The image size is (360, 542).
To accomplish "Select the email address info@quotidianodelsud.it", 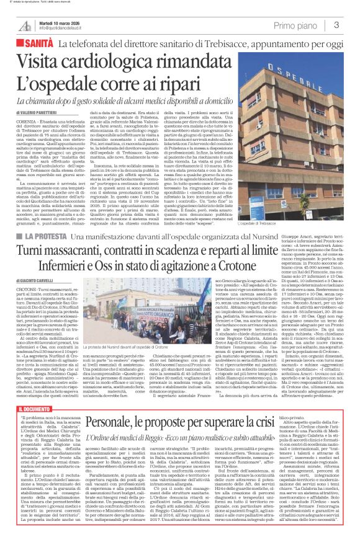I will pyautogui.click(x=63, y=28).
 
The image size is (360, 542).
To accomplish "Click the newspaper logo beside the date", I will pyautogui.click(x=26, y=25).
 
